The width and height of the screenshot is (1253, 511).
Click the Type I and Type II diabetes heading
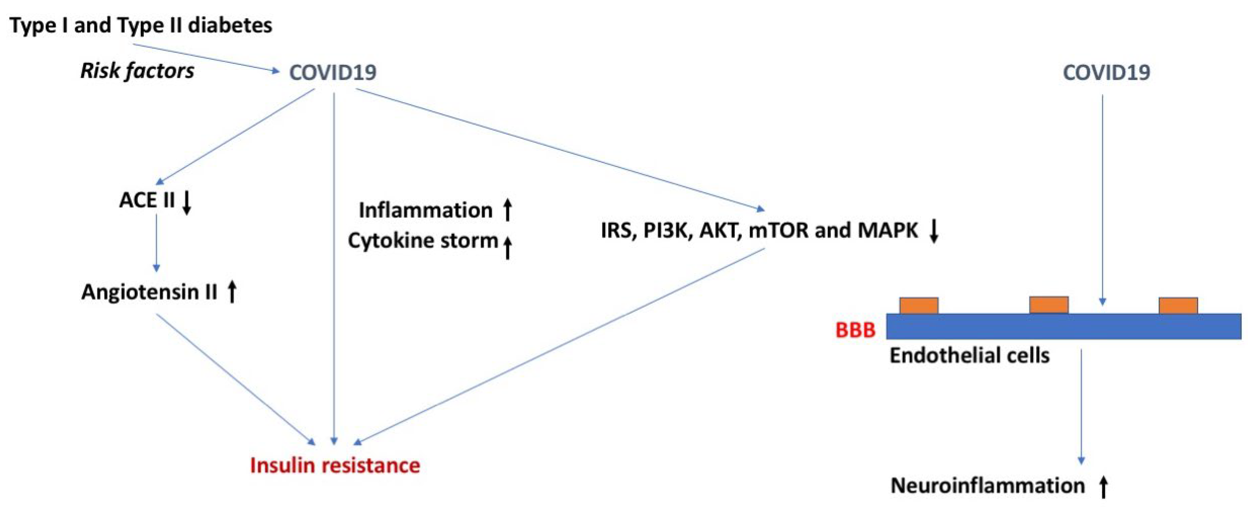pyautogui.click(x=141, y=25)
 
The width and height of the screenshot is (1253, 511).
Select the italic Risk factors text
pyautogui.click(x=137, y=71)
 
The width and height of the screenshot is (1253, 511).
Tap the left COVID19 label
pyautogui.click(x=333, y=73)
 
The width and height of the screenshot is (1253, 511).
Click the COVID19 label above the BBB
pyautogui.click(x=1106, y=73)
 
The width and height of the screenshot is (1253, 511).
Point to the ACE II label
pyautogui.click(x=147, y=200)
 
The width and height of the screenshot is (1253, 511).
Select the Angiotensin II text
pyautogui.click(x=149, y=292)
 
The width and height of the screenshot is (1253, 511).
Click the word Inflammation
pyautogui.click(x=425, y=210)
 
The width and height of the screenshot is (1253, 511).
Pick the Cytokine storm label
pyautogui.click(x=423, y=240)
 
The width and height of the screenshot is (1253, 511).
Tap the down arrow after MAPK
pyautogui.click(x=933, y=231)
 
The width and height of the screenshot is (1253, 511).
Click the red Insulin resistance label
pyautogui.click(x=335, y=465)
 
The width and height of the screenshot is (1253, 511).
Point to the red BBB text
pyautogui.click(x=855, y=330)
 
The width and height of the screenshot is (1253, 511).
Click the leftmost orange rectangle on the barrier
pyautogui.click(x=919, y=306)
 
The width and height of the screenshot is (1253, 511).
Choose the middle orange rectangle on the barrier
pyautogui.click(x=1049, y=305)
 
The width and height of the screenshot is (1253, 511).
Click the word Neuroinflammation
pyautogui.click(x=987, y=486)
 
